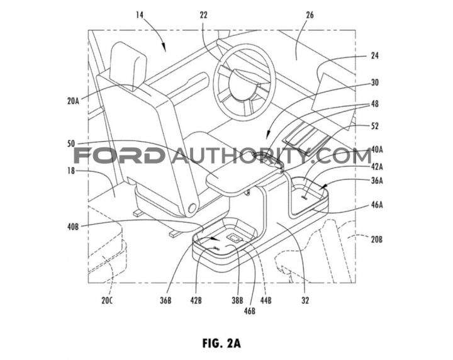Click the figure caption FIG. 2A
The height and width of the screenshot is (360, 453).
click(221, 343)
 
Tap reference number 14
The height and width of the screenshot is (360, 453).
click(140, 15)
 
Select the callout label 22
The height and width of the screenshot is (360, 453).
click(204, 15)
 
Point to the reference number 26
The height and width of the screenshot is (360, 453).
click(310, 15)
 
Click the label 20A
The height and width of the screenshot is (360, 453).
click(73, 101)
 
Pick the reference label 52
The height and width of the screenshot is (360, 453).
click(374, 127)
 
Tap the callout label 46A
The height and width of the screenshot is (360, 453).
click(377, 205)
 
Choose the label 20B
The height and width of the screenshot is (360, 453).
click(377, 239)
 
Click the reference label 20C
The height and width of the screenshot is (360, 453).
click(107, 301)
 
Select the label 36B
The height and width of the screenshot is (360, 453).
click(165, 301)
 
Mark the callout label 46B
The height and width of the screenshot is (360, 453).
click(250, 311)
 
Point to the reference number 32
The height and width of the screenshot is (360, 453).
click(305, 301)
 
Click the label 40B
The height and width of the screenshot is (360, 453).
click(73, 227)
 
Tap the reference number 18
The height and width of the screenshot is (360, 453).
click(71, 171)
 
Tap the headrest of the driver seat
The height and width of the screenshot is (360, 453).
click(128, 67)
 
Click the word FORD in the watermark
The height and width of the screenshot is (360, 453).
click(118, 156)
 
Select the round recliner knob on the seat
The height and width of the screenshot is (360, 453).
click(191, 210)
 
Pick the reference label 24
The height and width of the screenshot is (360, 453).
click(374, 55)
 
